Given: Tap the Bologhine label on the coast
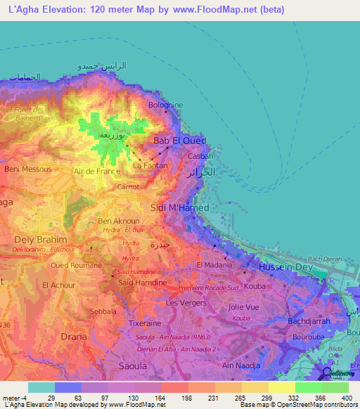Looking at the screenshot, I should coord(165,105).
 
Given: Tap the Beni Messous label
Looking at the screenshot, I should coord(28,169).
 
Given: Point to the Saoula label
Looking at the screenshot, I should coord(132,366).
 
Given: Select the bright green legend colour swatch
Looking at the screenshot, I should coord(309,387).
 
